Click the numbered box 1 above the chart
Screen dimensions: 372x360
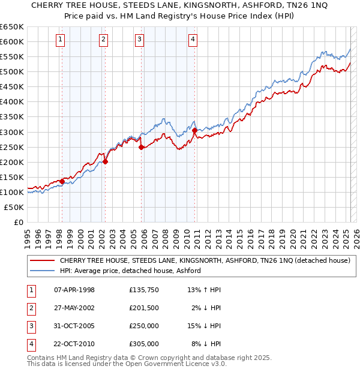point(61,40)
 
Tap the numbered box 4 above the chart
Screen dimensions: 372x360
point(193,40)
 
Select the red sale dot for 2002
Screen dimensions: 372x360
point(105,161)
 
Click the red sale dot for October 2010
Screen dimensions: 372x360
point(194,130)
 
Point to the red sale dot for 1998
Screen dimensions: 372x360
point(62,181)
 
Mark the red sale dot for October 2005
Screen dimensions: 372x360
point(141,146)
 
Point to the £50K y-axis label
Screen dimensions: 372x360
point(14,207)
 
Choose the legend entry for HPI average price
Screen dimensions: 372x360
point(130,271)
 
